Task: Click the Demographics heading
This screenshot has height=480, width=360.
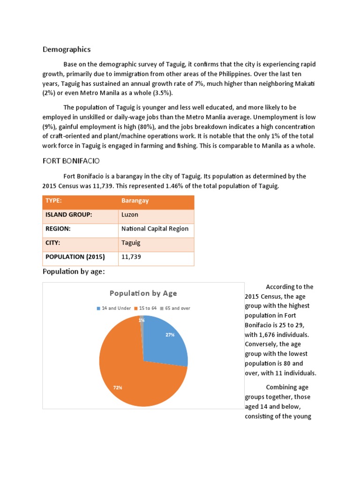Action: point(67,49)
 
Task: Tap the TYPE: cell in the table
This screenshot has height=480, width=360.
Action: point(54,201)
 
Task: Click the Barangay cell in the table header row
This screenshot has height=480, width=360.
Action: point(135,201)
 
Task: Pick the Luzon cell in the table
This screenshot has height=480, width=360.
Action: point(130,215)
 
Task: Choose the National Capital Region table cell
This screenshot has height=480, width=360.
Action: point(155,229)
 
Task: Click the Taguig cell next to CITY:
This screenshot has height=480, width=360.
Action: point(131,243)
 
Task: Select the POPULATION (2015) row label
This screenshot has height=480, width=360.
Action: point(75,257)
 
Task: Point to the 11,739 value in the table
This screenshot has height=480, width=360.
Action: point(131,257)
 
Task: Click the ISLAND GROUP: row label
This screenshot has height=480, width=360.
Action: point(68,215)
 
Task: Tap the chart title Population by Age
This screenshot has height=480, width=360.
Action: point(143,293)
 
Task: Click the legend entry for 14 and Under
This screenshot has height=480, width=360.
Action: point(114,308)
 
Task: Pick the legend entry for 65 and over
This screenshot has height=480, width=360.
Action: point(175,308)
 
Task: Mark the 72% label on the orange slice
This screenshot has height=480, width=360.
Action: point(118,388)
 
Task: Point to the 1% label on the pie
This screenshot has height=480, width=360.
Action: point(142,320)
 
